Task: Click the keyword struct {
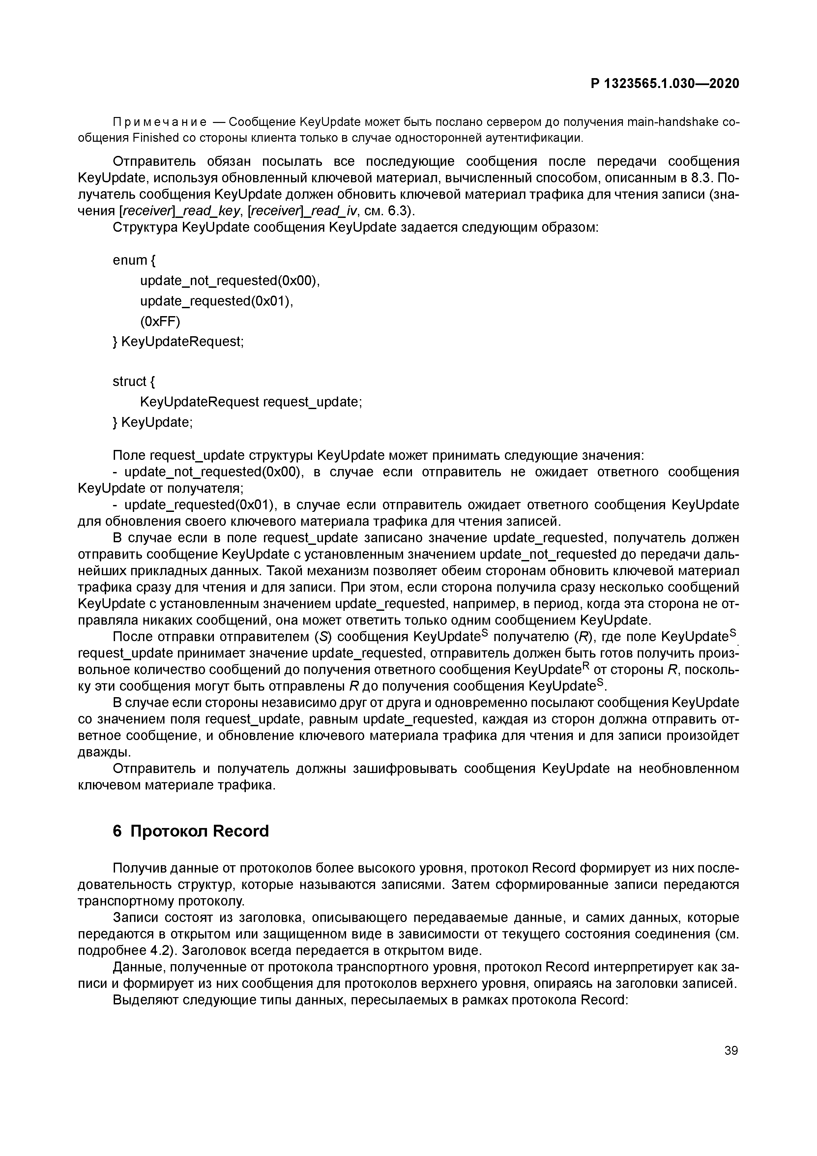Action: [x=134, y=382]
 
